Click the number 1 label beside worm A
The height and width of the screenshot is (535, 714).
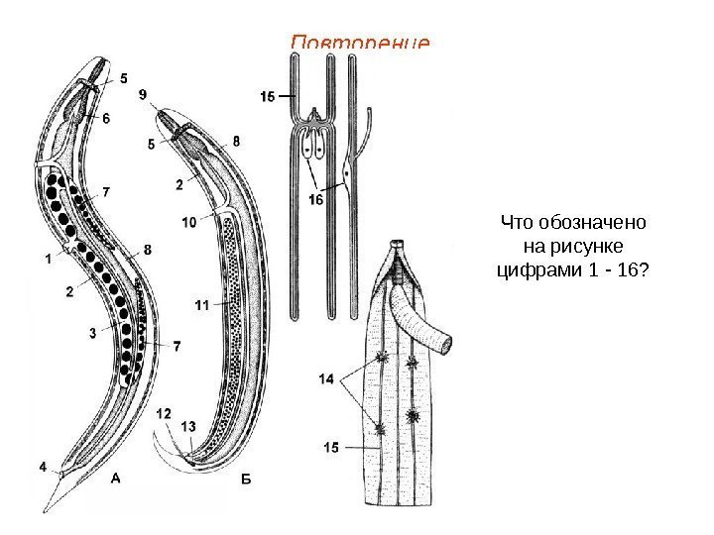pos(48,259)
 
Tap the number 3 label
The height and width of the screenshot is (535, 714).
pos(91,334)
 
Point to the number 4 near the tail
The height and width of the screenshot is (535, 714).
pos(42,465)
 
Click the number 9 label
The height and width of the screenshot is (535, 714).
pos(143,94)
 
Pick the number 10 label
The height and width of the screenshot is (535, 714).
pos(188,223)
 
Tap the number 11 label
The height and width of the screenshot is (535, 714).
pos(201,307)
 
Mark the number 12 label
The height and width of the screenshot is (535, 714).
pos(164,413)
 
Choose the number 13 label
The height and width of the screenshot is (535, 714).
pos(188,426)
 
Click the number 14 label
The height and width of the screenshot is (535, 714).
pos(327,378)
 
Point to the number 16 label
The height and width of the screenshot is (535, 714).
pos(315,199)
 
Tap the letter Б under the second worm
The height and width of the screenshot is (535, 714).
pos(247,479)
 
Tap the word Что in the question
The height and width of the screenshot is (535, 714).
pos(517,221)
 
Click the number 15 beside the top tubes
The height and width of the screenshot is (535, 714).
pos(268,96)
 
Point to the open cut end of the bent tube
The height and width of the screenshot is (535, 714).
pos(449,345)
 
